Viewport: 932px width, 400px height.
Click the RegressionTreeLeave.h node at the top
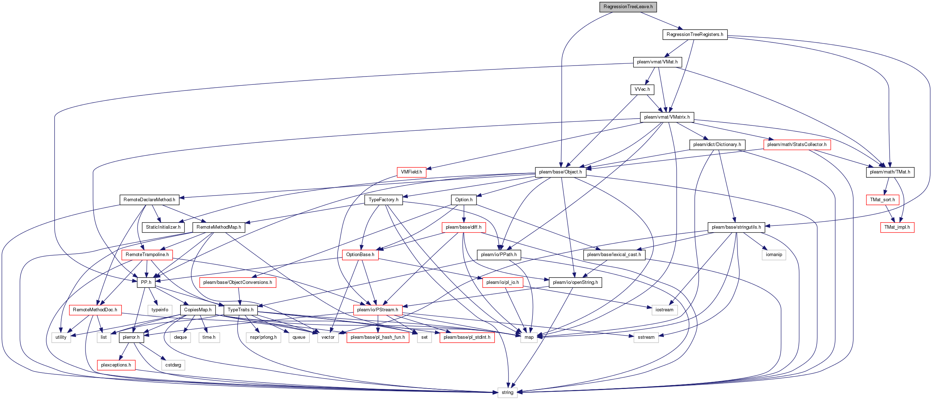(x=628, y=7)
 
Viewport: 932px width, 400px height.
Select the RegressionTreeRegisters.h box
(x=695, y=35)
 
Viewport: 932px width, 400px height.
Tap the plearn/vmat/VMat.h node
(x=657, y=62)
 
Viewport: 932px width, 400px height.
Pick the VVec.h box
(x=642, y=89)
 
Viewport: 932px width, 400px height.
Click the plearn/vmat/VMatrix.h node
(x=667, y=117)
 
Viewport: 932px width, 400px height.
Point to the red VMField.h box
(x=411, y=172)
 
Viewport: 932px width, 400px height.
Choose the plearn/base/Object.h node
(x=561, y=172)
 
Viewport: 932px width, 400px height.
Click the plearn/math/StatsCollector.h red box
(x=797, y=144)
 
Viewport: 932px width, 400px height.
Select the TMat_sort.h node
(x=882, y=199)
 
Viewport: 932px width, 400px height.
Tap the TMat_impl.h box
(x=897, y=227)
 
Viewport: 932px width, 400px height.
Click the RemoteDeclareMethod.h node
(x=149, y=199)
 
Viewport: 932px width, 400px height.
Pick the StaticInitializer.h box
(x=163, y=227)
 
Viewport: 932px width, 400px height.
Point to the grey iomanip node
(x=774, y=254)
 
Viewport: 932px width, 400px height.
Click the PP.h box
(x=146, y=282)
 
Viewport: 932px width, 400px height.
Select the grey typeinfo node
(x=160, y=310)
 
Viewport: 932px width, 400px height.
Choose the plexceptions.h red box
(x=116, y=365)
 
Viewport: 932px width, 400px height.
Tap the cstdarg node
(x=173, y=365)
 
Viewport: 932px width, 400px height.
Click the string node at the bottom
(x=507, y=393)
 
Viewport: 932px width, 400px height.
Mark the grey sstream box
(x=646, y=337)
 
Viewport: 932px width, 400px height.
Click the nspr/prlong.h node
(x=264, y=337)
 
